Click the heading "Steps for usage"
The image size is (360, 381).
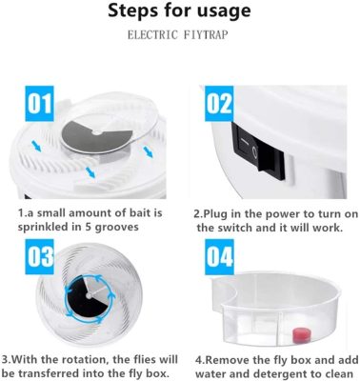[180, 12]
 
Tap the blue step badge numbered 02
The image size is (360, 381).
[219, 102]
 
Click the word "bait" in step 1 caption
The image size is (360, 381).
[137, 213]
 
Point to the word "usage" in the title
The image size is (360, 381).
[222, 12]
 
